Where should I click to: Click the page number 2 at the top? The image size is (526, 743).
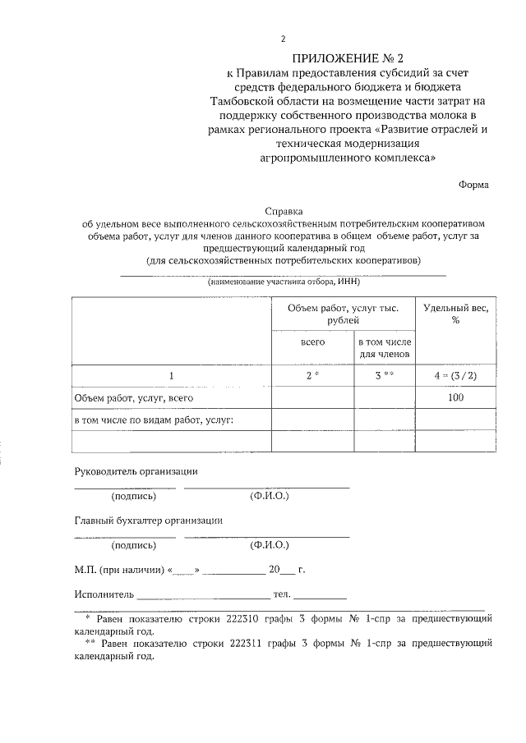pyautogui.click(x=283, y=39)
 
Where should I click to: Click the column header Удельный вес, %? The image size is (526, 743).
pyautogui.click(x=454, y=314)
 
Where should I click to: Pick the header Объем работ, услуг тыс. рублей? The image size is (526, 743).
pyautogui.click(x=343, y=314)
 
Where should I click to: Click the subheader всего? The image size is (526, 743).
pyautogui.click(x=313, y=341)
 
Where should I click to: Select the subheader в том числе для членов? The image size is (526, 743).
pyautogui.click(x=384, y=347)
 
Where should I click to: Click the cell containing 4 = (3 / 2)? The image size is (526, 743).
pyautogui.click(x=454, y=376)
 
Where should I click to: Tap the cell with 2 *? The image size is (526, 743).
pyautogui.click(x=313, y=376)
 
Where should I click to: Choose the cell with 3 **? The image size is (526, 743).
pyautogui.click(x=384, y=376)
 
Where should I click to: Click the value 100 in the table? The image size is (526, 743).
pyautogui.click(x=454, y=398)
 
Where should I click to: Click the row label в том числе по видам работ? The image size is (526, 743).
pyautogui.click(x=154, y=420)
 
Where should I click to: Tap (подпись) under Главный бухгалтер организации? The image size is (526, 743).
pyautogui.click(x=133, y=544)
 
